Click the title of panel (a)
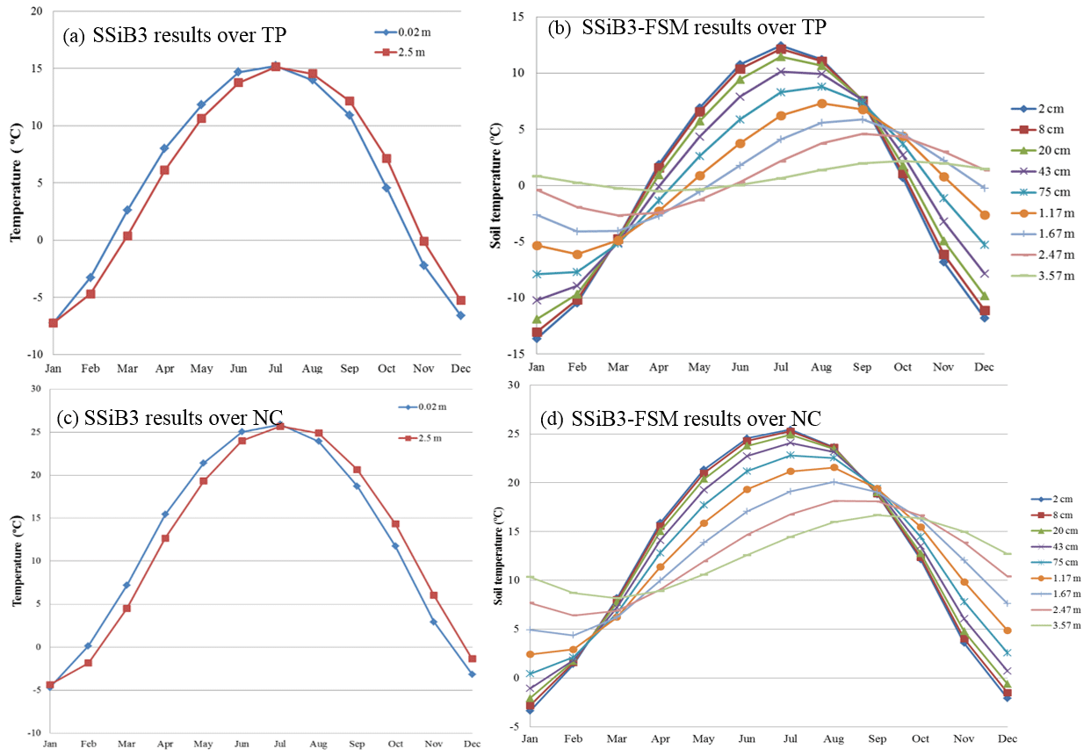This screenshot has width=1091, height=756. click(x=175, y=36)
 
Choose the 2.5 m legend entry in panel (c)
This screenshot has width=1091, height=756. click(x=431, y=437)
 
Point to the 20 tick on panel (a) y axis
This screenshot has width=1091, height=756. click(x=35, y=11)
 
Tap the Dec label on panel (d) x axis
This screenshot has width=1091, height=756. click(x=1008, y=739)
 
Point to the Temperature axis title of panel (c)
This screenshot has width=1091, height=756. click(x=16, y=558)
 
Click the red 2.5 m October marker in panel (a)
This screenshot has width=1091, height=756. click(x=387, y=159)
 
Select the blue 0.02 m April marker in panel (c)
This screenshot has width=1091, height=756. click(x=164, y=515)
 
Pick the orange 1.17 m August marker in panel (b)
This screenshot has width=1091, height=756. click(x=820, y=104)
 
